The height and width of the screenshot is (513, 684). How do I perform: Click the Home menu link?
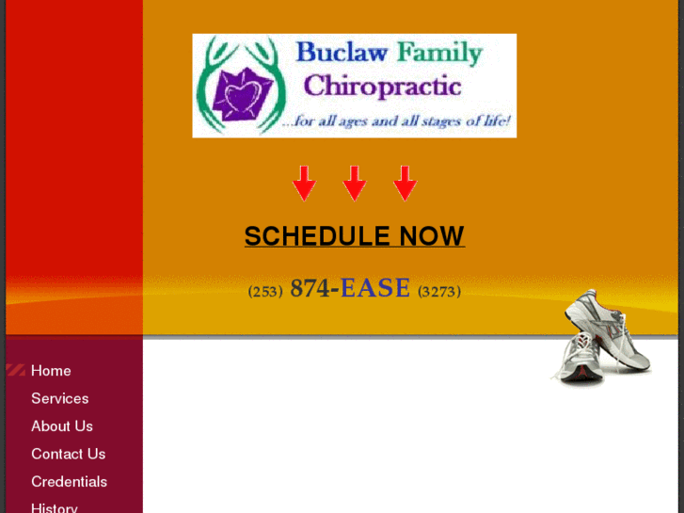[51, 371]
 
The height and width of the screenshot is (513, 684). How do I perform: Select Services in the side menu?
[59, 398]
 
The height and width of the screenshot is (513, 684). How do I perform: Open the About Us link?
[62, 426]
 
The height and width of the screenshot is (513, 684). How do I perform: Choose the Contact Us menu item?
[68, 454]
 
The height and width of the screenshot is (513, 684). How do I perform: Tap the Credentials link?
[69, 482]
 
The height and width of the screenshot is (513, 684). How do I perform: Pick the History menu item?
[55, 507]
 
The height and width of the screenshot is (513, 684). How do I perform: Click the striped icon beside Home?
[15, 371]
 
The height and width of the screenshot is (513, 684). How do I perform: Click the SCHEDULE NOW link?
[354, 236]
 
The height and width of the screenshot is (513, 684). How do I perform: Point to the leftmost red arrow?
[303, 183]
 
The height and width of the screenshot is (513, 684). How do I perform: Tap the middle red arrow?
[354, 183]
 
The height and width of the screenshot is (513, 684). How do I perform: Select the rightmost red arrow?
[405, 183]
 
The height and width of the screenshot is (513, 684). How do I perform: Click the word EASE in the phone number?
[375, 289]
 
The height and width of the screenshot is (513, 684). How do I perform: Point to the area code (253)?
[265, 292]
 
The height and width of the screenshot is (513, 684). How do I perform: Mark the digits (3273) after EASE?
[439, 292]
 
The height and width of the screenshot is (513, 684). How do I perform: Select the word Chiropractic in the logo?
[382, 87]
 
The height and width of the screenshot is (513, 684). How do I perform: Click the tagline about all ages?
[397, 121]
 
